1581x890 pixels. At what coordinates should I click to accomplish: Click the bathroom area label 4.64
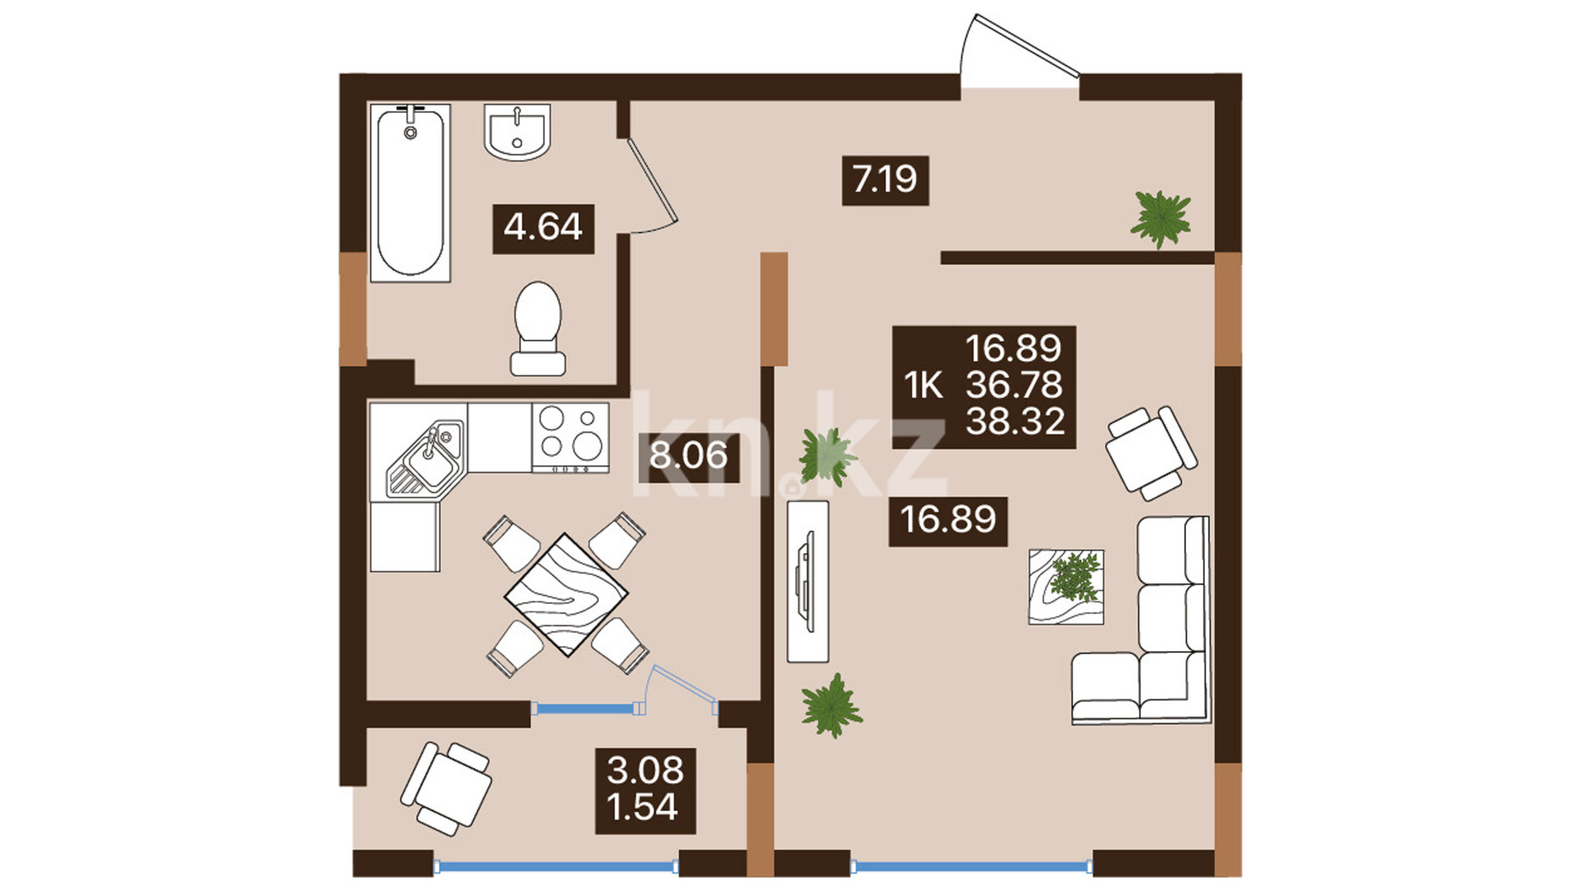click(x=543, y=227)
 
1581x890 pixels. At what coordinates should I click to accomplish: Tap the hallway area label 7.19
click(x=884, y=179)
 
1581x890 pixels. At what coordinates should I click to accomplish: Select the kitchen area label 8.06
click(x=688, y=455)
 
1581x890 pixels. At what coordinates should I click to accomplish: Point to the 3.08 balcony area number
click(x=646, y=771)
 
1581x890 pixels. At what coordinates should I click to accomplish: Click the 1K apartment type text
click(x=923, y=385)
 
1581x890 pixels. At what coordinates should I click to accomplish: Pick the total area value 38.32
click(x=1015, y=421)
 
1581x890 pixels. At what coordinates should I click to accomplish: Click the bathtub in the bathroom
click(x=410, y=193)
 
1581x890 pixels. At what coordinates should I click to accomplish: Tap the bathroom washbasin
click(x=517, y=132)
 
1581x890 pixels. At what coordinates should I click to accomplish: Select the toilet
click(x=538, y=329)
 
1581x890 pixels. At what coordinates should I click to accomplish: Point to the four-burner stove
click(x=571, y=438)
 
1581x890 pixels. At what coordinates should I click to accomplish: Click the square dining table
click(x=567, y=594)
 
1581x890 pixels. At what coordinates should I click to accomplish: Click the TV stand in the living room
click(x=808, y=582)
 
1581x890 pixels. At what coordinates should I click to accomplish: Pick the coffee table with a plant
click(x=1066, y=587)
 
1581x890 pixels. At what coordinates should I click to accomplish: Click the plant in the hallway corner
click(x=1161, y=218)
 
